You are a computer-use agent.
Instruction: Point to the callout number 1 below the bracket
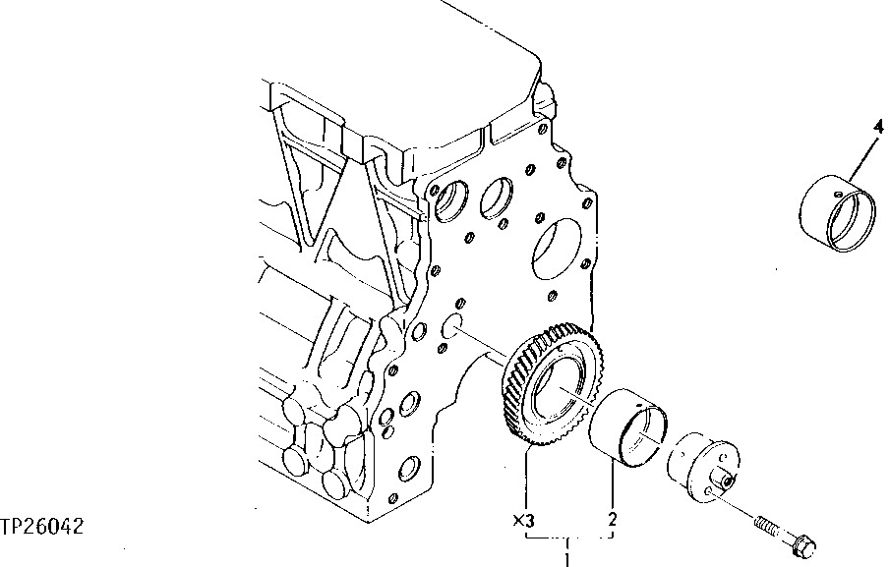tap(566, 559)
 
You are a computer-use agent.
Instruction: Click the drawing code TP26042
tap(42, 527)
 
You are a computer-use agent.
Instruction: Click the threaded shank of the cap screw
tap(767, 528)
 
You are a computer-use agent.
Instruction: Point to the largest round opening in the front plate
tap(556, 245)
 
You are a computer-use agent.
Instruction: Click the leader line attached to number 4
tap(857, 158)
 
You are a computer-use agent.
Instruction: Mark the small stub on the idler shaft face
tap(724, 479)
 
